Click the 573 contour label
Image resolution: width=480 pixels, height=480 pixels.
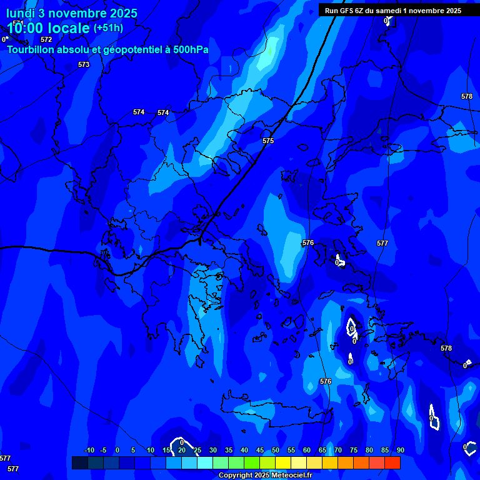[x=84, y=64]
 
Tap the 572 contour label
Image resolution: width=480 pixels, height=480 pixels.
[x=46, y=39]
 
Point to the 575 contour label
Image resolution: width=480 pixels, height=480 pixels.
[x=268, y=141]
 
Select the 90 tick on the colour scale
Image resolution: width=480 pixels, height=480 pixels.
[x=400, y=450]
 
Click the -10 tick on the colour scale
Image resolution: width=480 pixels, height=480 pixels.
[x=89, y=450]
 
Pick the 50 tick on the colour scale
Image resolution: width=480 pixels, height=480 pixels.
[x=276, y=450]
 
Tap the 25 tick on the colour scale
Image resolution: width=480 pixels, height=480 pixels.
[x=197, y=450]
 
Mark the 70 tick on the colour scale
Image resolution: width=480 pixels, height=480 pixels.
[x=338, y=450]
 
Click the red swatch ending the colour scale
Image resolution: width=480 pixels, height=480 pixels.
[x=392, y=462]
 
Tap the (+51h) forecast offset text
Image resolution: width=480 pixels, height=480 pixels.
[x=108, y=28]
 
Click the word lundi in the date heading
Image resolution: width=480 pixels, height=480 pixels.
[x=21, y=12]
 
